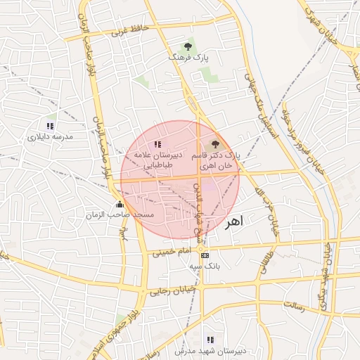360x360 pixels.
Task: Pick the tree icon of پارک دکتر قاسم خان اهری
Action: (215, 143)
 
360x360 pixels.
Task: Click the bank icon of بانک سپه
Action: (205, 255)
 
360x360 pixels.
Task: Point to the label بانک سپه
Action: (205, 266)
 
